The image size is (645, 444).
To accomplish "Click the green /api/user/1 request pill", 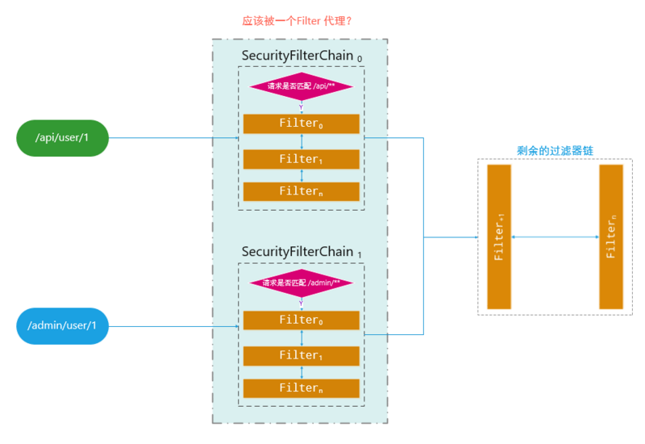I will click(x=61, y=138).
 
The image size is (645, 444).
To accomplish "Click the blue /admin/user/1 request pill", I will click(x=61, y=326).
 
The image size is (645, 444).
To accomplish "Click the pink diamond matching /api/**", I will click(x=301, y=86).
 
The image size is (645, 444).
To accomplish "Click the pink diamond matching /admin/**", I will click(x=301, y=283).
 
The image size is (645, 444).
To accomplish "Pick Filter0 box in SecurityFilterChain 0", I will click(x=301, y=124).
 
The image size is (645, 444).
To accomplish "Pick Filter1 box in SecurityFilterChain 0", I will click(x=301, y=159).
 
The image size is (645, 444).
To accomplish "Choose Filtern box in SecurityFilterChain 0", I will click(x=301, y=191).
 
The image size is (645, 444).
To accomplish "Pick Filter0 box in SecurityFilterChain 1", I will click(x=301, y=320).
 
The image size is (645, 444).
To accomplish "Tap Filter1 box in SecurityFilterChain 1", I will click(x=301, y=355).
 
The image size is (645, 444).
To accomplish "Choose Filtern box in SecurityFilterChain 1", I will click(x=301, y=388).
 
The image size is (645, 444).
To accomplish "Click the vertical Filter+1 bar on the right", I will click(x=499, y=237).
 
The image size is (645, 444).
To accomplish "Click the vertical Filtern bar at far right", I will click(x=611, y=237).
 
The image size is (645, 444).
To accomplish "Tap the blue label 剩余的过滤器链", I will click(x=551, y=151).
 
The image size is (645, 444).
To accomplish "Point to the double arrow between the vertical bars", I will click(x=556, y=237).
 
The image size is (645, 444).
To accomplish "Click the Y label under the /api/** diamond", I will click(x=301, y=107).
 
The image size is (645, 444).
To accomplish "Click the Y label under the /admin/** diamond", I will click(x=301, y=304).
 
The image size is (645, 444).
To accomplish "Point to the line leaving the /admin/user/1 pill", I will click(x=173, y=326).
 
